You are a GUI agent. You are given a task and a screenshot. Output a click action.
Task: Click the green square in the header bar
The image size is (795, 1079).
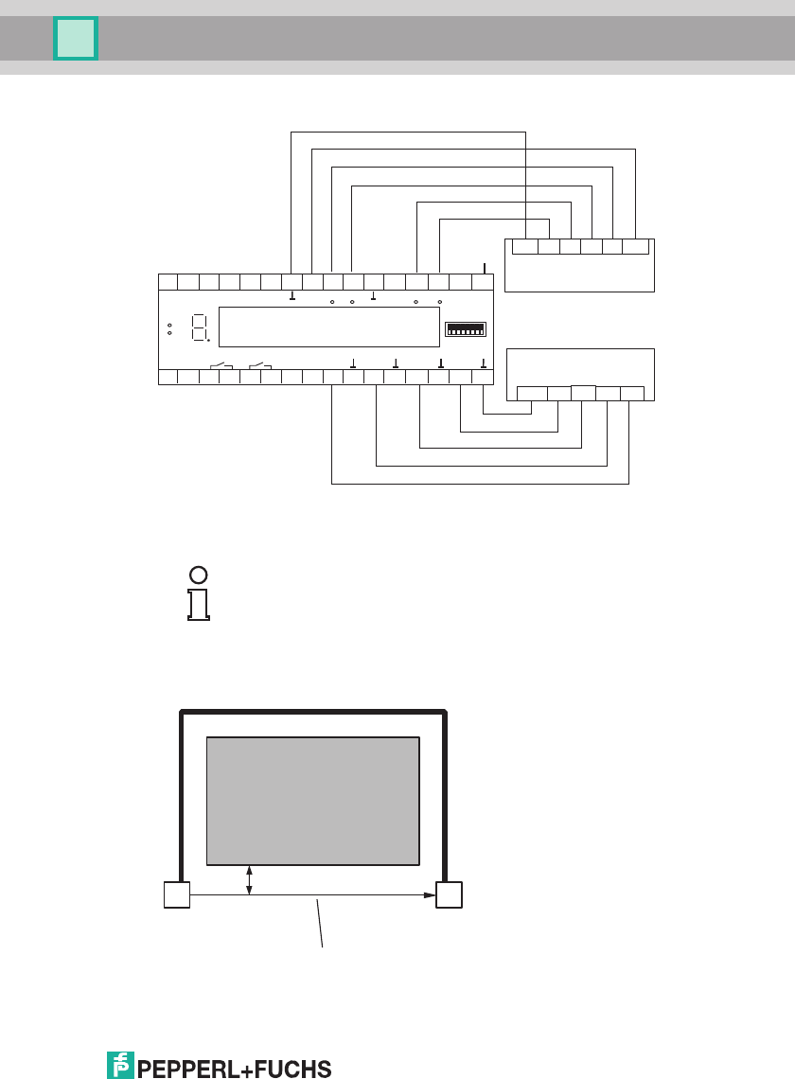[76, 39]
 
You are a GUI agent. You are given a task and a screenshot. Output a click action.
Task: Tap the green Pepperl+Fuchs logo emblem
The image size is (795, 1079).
[119, 1065]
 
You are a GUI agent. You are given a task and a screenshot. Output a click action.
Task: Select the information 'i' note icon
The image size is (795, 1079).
[198, 593]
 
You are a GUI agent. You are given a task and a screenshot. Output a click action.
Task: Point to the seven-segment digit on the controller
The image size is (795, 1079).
[200, 328]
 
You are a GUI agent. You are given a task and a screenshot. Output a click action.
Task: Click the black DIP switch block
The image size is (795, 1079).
[466, 328]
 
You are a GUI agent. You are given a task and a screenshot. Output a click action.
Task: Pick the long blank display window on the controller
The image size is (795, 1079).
[328, 327]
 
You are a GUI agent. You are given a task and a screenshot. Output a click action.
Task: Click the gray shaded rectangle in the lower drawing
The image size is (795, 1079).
[312, 800]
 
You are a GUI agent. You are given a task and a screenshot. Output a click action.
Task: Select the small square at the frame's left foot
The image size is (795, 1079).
[176, 894]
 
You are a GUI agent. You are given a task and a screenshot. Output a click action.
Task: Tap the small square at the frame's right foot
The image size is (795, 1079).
[449, 894]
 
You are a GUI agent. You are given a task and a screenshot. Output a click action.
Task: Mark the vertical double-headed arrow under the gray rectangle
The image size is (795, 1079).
[249, 879]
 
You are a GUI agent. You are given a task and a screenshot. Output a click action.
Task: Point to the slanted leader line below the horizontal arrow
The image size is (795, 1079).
[320, 923]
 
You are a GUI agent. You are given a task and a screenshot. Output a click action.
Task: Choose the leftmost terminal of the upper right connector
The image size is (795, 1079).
[524, 247]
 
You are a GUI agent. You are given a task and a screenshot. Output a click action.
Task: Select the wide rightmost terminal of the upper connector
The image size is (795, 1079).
[635, 247]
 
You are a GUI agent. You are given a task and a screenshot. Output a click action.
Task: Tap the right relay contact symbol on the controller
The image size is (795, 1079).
[260, 365]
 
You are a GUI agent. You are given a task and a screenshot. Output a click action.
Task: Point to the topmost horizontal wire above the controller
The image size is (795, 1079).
[407, 132]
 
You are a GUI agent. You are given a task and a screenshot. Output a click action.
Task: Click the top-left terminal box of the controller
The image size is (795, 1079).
[167, 281]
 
